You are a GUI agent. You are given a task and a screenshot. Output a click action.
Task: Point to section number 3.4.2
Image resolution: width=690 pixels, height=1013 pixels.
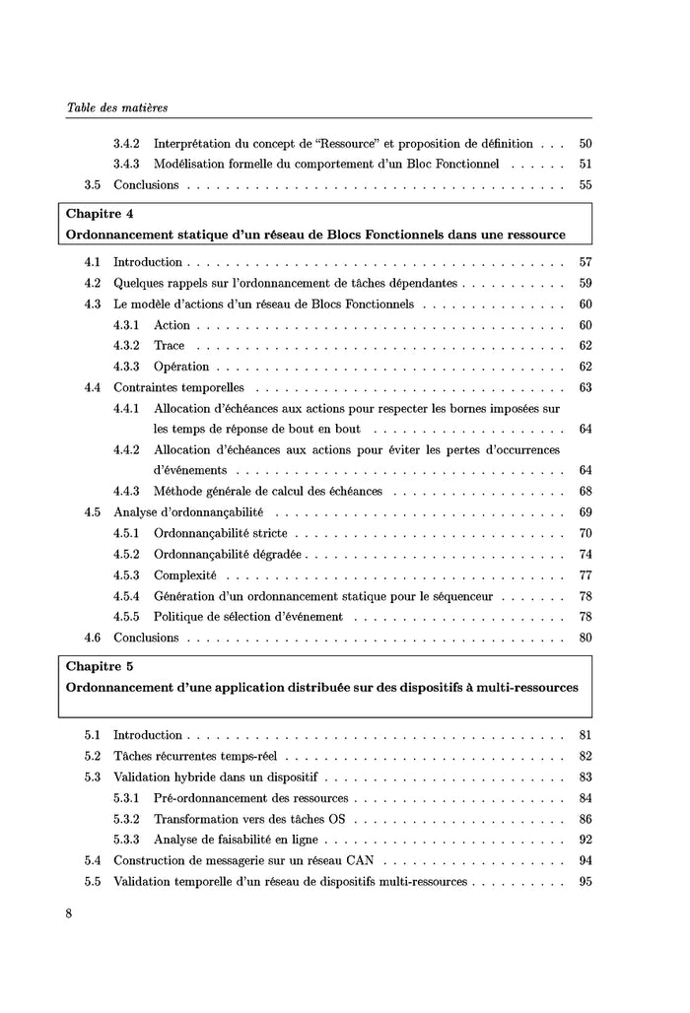point(126,143)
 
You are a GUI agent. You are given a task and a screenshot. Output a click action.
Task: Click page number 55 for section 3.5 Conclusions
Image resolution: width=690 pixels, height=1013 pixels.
point(585,184)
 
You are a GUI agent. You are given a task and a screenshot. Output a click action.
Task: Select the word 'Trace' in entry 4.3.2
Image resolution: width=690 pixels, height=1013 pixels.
point(169,346)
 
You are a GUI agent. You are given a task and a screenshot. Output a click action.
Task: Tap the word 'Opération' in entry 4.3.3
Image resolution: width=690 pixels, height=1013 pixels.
point(181,367)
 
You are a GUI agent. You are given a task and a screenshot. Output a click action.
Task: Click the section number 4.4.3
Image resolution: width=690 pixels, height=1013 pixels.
point(126,491)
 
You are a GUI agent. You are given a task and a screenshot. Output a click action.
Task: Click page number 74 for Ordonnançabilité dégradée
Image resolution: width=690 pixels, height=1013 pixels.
point(585,554)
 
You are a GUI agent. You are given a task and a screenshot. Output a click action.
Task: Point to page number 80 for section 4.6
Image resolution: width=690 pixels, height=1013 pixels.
point(585,638)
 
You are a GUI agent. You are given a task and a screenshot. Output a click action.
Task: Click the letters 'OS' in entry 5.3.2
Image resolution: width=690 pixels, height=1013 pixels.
point(338,819)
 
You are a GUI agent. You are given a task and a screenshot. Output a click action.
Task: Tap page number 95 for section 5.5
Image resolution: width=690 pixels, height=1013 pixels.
point(585,881)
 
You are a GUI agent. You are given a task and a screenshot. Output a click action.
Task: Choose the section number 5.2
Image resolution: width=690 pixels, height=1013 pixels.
point(93,756)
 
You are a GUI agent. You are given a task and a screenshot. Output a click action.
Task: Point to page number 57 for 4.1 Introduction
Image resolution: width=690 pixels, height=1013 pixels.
point(585,262)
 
